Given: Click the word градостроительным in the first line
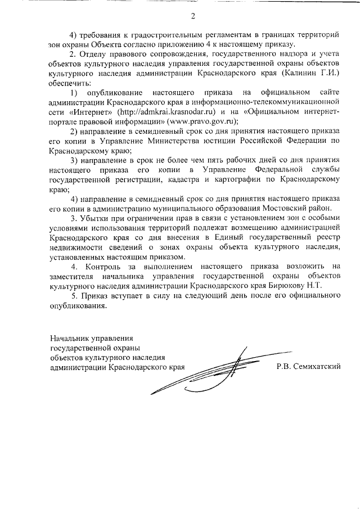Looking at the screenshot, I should [154, 34].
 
